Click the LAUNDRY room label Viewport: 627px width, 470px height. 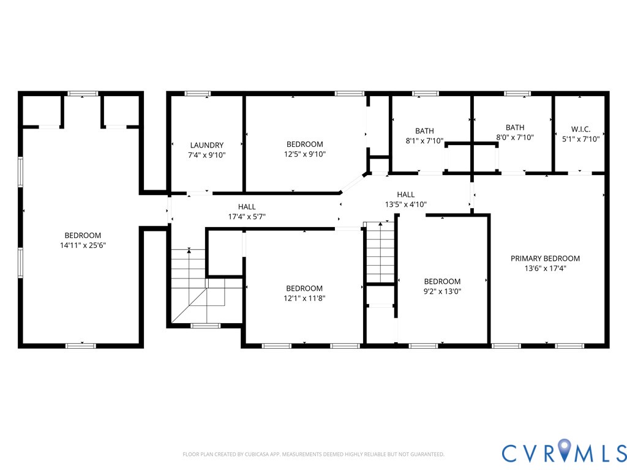point(207,145)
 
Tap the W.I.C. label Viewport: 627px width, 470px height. point(580,129)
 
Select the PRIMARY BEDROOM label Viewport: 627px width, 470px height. point(545,258)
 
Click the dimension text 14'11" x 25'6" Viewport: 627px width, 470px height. point(83,245)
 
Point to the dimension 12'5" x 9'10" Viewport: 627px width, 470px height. point(304,154)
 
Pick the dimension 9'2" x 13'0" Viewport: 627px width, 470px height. point(442,291)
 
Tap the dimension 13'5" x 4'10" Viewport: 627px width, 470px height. point(405,204)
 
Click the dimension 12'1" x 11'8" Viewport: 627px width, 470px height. point(304,298)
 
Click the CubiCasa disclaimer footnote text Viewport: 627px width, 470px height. point(313,454)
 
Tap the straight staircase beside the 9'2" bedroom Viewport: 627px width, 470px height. point(378,252)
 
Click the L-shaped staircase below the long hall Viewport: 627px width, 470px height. point(197,288)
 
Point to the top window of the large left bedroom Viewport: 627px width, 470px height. point(83,94)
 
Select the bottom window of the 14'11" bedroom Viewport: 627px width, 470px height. point(81,346)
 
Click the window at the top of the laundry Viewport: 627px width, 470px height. point(197,94)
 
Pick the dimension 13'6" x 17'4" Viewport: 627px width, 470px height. point(545,268)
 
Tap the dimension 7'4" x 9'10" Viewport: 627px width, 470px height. point(207,155)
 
